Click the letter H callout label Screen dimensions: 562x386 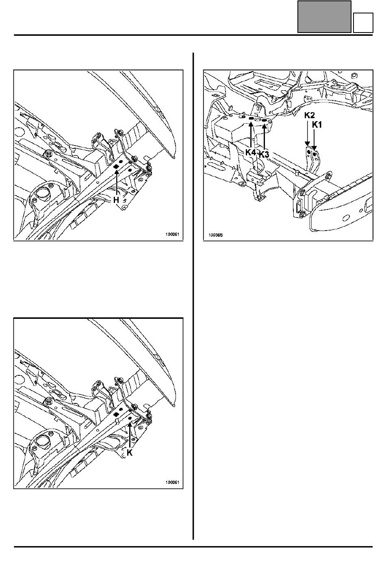pos(116,200)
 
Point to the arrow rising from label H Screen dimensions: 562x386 pos(117,183)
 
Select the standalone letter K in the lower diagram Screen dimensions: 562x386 pos(129,453)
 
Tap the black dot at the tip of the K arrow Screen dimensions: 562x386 pos(130,418)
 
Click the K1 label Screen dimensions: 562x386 pos(317,125)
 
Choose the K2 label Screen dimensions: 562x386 pos(310,115)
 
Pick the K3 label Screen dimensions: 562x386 pos(264,155)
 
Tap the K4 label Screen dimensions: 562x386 pos(251,152)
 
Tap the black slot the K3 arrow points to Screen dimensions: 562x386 pos(264,121)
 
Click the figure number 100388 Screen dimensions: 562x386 pos(216,235)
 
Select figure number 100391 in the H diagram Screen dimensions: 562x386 pos(172,234)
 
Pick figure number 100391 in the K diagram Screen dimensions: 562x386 pos(172,482)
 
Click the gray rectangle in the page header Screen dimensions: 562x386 pos(324,17)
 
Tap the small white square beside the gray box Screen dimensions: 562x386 pos(363,23)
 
